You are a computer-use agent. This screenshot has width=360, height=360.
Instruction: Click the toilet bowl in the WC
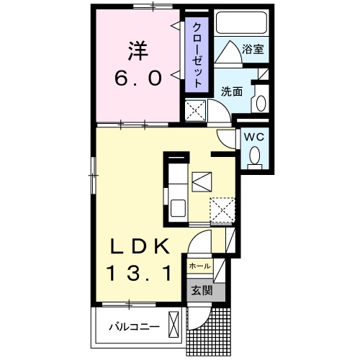point(253,154)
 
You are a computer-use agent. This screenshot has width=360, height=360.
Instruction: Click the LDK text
point(142,247)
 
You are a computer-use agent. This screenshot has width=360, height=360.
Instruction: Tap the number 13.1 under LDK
point(142,274)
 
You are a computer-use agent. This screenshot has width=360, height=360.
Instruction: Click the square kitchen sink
point(202,179)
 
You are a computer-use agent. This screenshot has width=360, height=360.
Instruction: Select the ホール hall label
point(199,266)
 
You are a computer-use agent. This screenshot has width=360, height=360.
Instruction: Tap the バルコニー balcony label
point(134,326)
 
